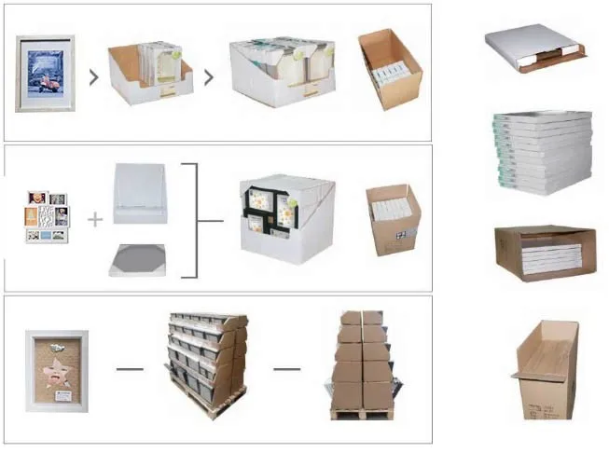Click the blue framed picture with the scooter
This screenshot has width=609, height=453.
click(x=45, y=73)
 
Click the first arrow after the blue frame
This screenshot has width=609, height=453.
click(x=93, y=76)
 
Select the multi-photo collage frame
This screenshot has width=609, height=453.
click(x=47, y=217)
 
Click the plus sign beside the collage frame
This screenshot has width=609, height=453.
click(x=95, y=220)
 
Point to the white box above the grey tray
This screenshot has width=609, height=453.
click(x=139, y=193)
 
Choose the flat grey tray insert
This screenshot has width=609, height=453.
click(x=137, y=258)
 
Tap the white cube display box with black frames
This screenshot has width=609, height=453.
click(x=286, y=218)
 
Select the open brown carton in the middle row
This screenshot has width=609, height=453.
click(x=394, y=218)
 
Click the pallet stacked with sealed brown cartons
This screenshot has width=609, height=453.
click(x=362, y=364)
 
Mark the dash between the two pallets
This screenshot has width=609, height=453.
click(x=287, y=368)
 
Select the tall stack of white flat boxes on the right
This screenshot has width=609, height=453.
click(x=542, y=151)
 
